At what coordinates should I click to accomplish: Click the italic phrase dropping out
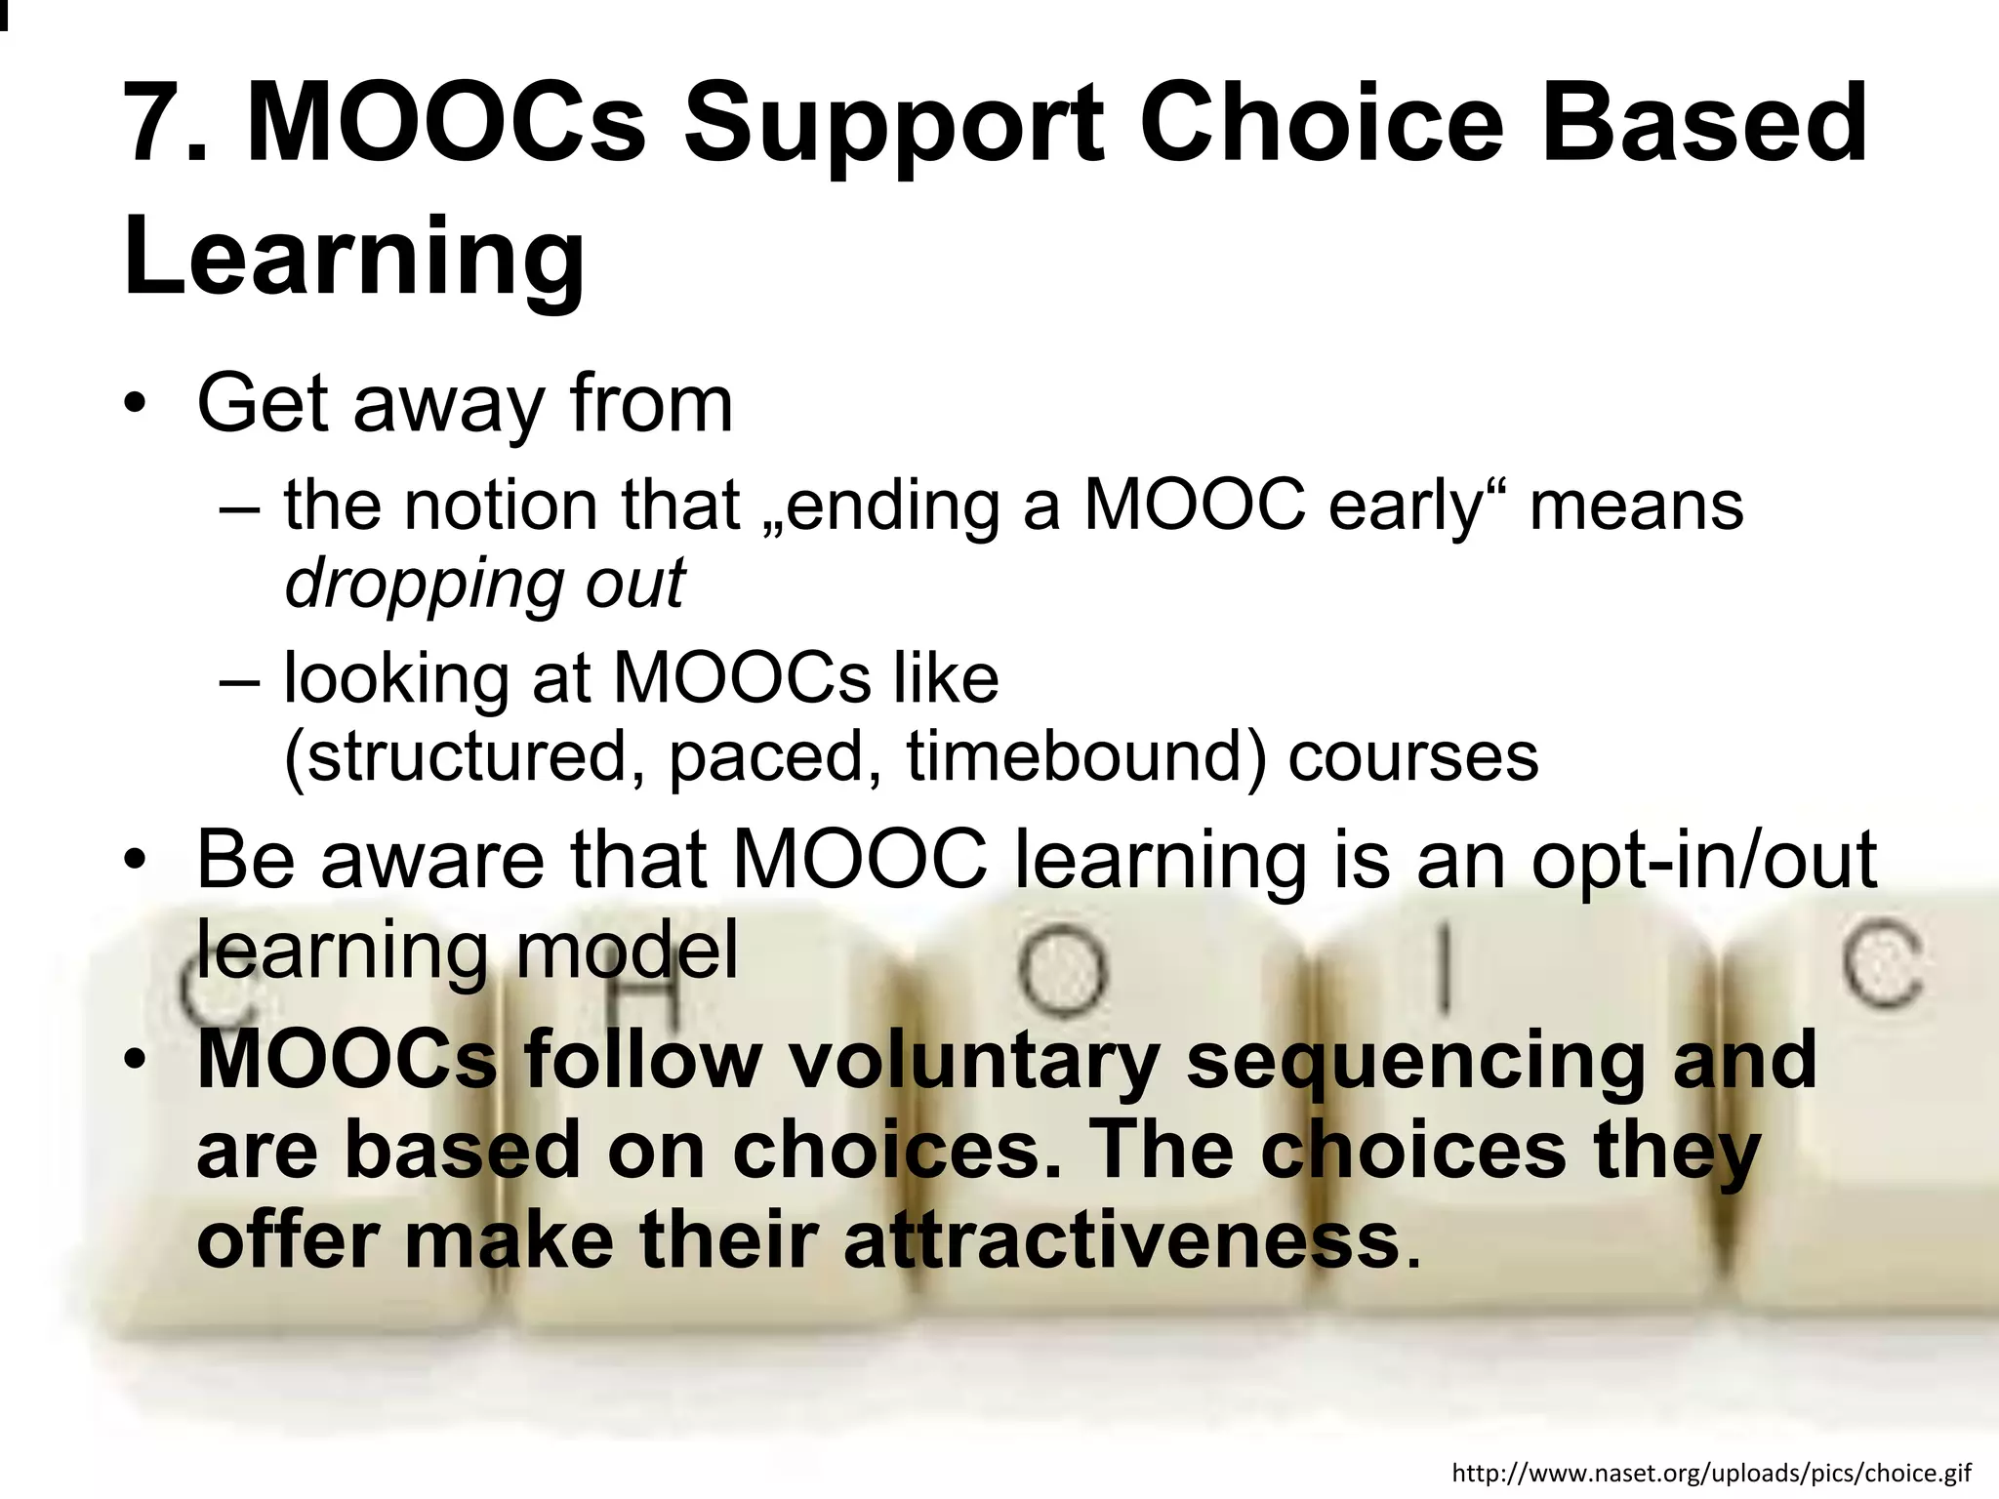485,585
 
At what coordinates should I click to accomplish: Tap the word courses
1413,758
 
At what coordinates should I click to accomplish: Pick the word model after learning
627,951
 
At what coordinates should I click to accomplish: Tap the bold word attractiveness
1122,1241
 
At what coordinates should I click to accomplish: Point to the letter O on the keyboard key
1063,971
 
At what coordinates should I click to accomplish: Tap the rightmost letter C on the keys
1883,963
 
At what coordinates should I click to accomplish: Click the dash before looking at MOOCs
240,681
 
